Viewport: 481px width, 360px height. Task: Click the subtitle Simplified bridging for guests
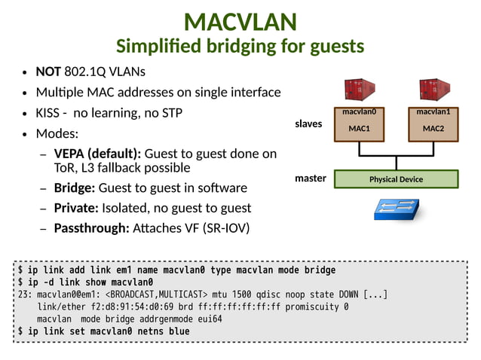(x=240, y=47)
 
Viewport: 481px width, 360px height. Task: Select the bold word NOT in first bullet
(x=48, y=72)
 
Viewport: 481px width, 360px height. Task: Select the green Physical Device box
(x=396, y=179)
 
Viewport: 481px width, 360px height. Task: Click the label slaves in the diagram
(x=308, y=124)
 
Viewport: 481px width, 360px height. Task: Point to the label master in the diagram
(x=310, y=179)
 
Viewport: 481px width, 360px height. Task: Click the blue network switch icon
(x=397, y=209)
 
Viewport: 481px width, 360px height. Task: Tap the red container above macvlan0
(x=359, y=92)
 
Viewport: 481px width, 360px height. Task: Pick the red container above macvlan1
(x=434, y=92)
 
